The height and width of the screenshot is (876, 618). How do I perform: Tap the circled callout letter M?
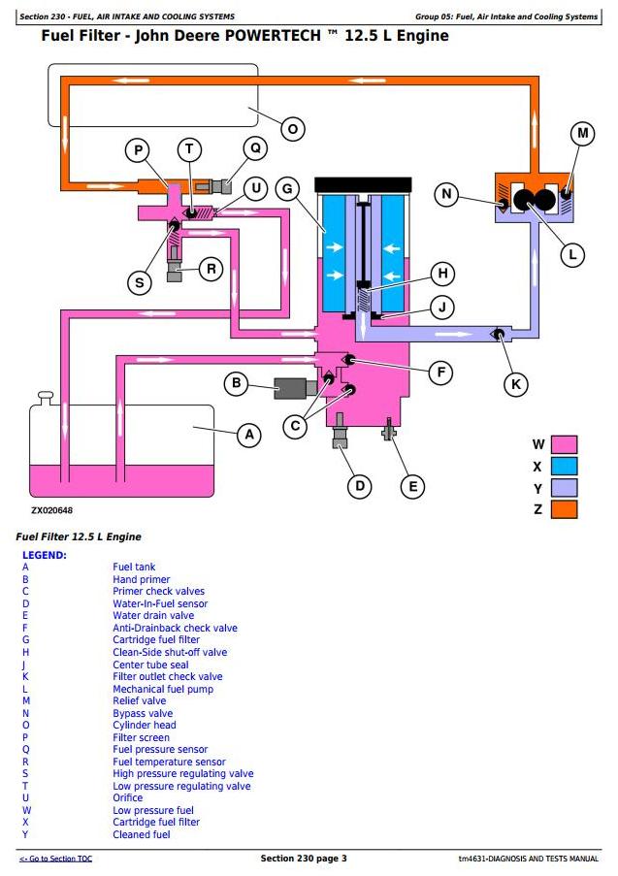pos(582,134)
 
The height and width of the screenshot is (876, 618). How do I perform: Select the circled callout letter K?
pos(516,385)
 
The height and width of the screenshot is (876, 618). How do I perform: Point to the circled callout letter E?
pos(412,486)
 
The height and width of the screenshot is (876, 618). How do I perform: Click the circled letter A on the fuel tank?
pos(249,436)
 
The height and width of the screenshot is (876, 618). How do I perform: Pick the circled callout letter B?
pos(236,384)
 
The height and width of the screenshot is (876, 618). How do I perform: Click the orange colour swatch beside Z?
pos(564,509)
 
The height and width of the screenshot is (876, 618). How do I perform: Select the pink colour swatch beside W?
pos(564,445)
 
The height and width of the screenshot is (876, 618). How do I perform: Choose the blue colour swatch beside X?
pos(564,467)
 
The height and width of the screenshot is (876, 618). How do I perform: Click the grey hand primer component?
pos(292,387)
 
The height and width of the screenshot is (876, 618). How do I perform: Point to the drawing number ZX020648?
pos(51,510)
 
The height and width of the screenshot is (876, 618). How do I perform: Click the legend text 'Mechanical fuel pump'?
pos(163,689)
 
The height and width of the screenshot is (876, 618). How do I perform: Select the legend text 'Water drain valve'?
pos(153,615)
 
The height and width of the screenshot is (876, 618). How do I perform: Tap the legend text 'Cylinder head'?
pos(145,726)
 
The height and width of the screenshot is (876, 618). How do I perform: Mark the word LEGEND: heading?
pos(44,555)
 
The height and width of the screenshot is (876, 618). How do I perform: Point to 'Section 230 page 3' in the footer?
pos(304,859)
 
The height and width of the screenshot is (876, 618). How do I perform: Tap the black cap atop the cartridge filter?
pos(364,184)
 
